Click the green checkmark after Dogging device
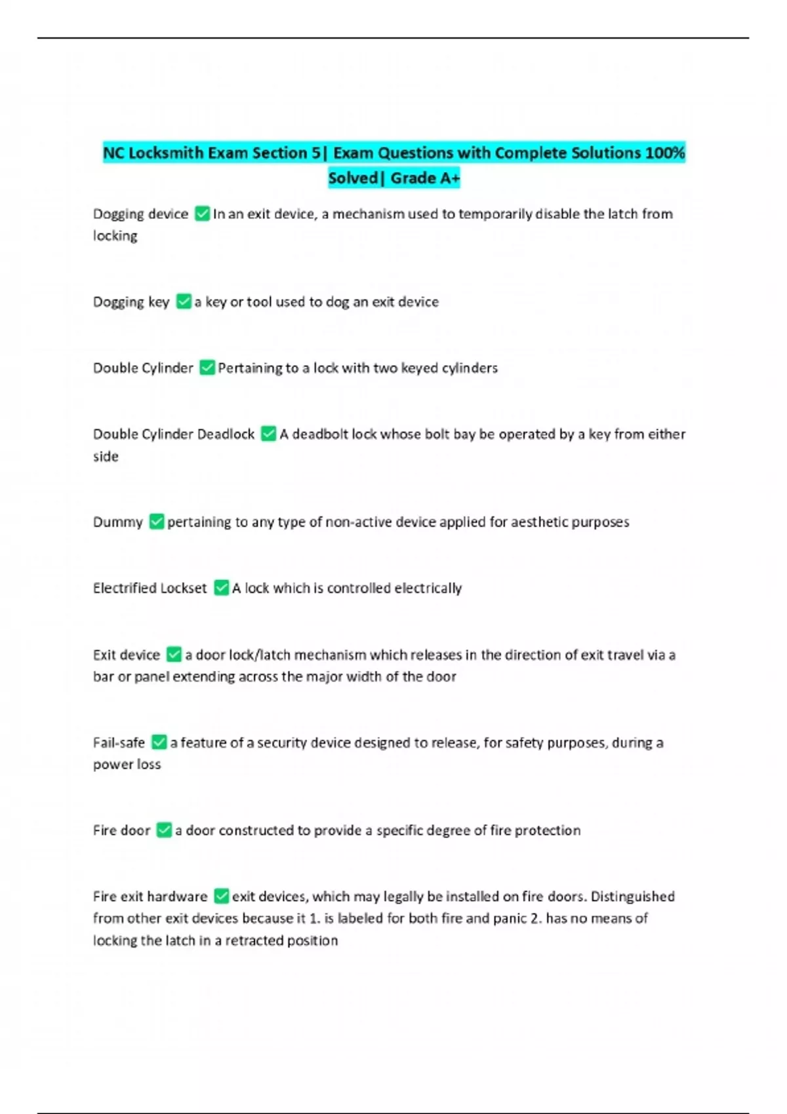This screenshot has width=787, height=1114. [x=202, y=214]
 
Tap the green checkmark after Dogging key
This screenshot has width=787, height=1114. [x=184, y=301]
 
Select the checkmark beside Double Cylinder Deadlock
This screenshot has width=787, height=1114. [x=268, y=434]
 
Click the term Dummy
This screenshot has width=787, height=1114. [x=117, y=522]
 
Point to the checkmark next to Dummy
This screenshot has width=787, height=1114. [x=156, y=522]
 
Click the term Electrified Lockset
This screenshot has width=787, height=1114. [x=150, y=588]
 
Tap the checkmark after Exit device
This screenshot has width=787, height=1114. [x=174, y=655]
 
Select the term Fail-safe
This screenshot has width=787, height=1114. [x=119, y=743]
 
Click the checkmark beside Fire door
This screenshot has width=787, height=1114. [x=164, y=830]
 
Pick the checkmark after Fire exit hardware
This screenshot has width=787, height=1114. [x=222, y=896]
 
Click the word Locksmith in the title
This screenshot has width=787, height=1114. [x=166, y=153]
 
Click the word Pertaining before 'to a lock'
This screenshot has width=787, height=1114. [x=250, y=368]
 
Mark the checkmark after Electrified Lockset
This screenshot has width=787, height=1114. [x=222, y=588]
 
